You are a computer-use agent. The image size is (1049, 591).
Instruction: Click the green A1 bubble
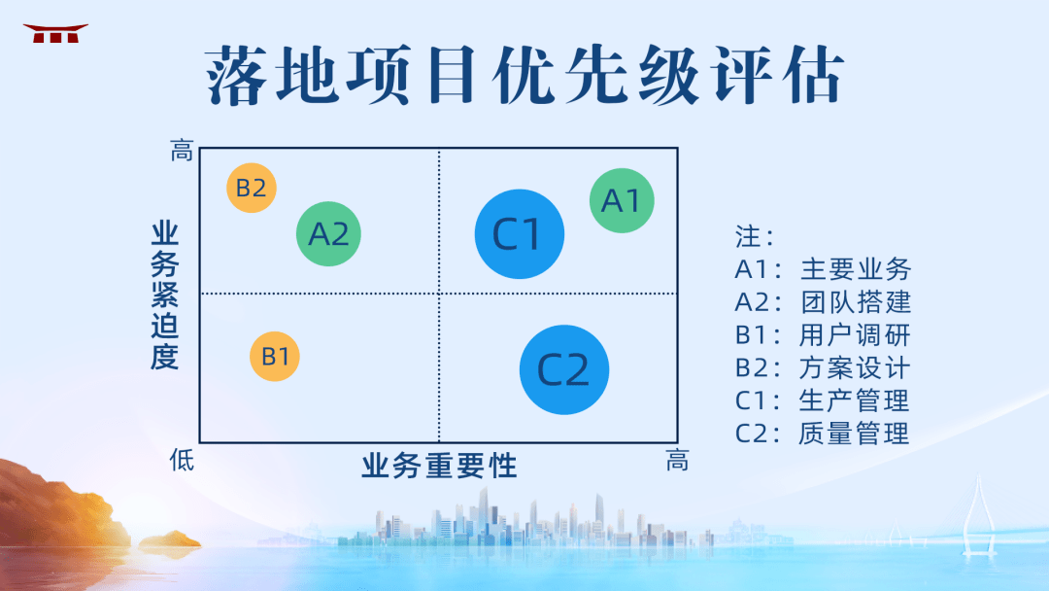pos(622,200)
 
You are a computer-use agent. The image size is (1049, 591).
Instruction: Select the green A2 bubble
pos(328,234)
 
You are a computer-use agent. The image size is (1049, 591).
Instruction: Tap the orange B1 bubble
pos(275,356)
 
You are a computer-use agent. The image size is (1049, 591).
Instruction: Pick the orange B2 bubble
pos(252,188)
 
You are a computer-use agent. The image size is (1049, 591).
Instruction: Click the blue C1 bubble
pos(520,233)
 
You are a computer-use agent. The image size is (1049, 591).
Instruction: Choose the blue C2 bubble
pos(564,369)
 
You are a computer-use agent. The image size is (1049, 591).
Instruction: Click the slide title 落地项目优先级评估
pos(524,76)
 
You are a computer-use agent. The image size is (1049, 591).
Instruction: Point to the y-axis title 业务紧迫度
pos(164,295)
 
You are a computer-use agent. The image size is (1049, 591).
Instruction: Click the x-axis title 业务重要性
pos(439,466)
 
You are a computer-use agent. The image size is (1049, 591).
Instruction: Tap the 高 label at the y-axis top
pos(182,152)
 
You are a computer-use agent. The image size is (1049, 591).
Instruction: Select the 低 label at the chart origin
pos(182,459)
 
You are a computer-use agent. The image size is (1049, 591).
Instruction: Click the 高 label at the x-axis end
pos(677,461)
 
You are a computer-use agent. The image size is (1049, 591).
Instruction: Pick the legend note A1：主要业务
pos(823,269)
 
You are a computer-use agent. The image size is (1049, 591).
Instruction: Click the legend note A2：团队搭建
pos(823,302)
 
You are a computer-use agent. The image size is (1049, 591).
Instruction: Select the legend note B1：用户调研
pos(823,335)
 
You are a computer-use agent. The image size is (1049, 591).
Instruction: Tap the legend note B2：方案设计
pos(823,368)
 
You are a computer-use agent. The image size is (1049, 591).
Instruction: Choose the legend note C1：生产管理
pos(823,400)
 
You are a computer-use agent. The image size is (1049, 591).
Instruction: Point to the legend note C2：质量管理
pos(823,434)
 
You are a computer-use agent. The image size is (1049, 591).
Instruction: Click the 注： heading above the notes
pos(755,236)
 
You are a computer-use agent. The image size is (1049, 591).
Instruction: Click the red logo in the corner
pos(55,34)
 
